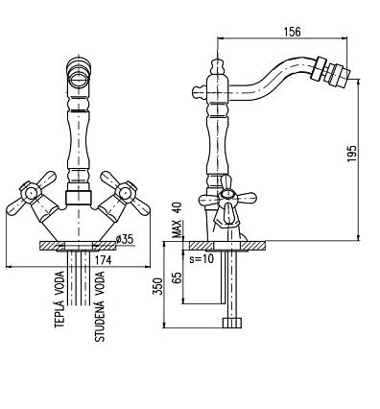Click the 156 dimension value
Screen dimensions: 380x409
(x=292, y=32)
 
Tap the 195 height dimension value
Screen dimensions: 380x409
(x=351, y=154)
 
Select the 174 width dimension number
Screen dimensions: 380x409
(x=103, y=260)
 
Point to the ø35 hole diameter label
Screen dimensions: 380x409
(x=124, y=239)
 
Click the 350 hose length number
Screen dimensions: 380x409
(x=158, y=286)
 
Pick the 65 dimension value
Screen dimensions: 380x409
(x=177, y=277)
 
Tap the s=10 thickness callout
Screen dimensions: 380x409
(x=202, y=258)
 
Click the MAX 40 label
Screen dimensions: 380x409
(x=177, y=220)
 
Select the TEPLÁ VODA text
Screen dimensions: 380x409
(x=59, y=300)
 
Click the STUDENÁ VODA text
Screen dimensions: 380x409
(x=100, y=306)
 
